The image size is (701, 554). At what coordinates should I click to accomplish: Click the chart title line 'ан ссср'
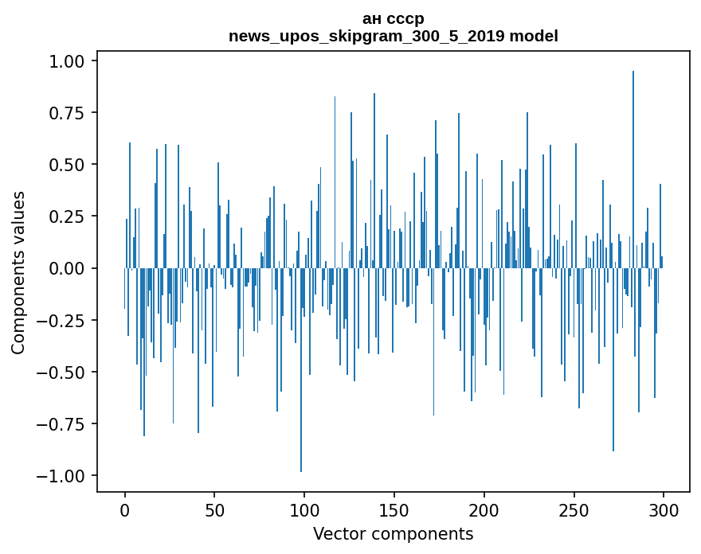coord(393,18)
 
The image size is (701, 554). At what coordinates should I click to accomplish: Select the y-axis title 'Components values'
coord(18,272)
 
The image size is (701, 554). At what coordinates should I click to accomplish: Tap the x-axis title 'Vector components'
coord(393,534)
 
